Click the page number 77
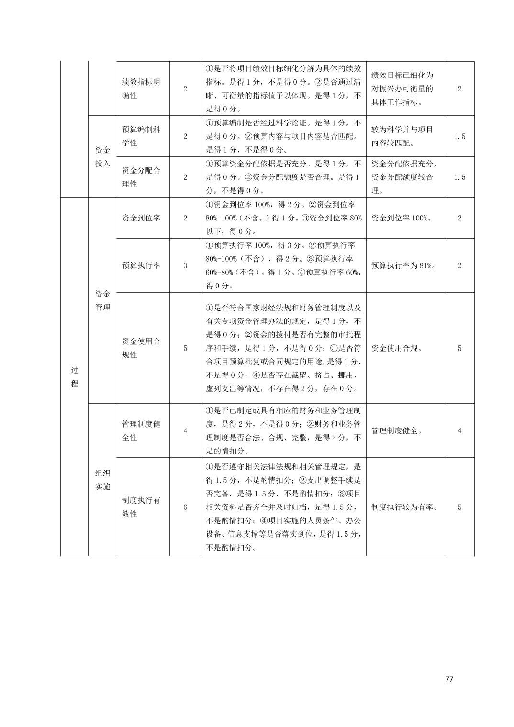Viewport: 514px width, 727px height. click(x=448, y=679)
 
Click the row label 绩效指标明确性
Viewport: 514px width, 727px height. click(x=141, y=88)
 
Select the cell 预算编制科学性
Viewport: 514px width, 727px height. click(x=141, y=136)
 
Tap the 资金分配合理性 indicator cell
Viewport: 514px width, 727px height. click(x=141, y=177)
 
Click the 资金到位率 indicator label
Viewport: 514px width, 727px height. click(x=141, y=218)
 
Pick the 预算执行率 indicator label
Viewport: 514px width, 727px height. click(x=141, y=265)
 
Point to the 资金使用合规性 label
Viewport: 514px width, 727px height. click(x=141, y=348)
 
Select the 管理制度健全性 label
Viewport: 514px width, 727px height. click(x=141, y=430)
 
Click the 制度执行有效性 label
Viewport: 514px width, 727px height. click(x=141, y=507)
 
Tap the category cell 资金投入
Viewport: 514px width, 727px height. click(x=102, y=156)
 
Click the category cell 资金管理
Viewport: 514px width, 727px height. click(x=102, y=300)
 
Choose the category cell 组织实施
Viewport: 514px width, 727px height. click(x=102, y=480)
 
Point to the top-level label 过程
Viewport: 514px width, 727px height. click(x=74, y=377)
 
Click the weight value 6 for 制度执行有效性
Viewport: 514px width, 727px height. click(x=185, y=507)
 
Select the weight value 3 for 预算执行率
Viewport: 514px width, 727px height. click(x=185, y=265)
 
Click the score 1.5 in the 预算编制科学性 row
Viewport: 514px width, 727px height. click(x=459, y=136)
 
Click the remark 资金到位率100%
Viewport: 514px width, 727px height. click(x=402, y=218)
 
